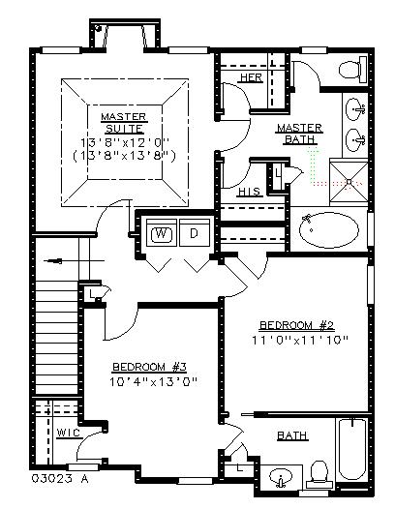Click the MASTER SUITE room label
pos(124,123)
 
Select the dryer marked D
pos(195,232)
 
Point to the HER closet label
pos(252,77)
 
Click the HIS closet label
pos(249,192)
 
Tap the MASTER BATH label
pos(299,134)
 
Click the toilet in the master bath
pos(352,70)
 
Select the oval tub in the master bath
pos(329,230)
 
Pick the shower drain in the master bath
pos(349,182)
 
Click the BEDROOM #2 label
pos(297,325)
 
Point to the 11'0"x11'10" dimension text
pos(300,341)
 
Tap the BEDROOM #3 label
pos(149,367)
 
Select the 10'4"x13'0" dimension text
pos(154,381)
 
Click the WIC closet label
pos(69,433)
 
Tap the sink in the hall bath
pos(281,477)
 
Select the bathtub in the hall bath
pos(352,451)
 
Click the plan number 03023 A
pos(60,479)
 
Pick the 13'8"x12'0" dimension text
pos(125,142)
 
